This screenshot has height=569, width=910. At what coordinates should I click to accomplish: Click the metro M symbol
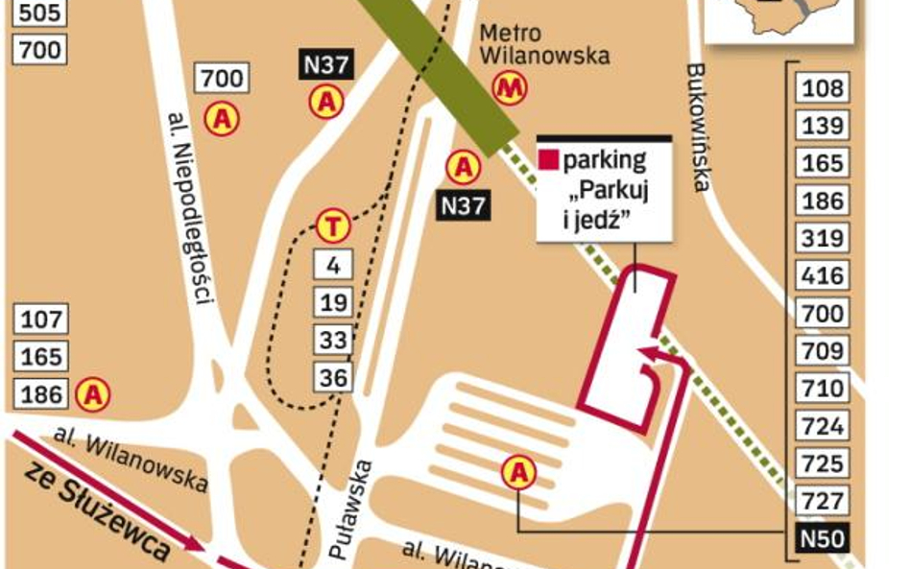pyautogui.click(x=510, y=88)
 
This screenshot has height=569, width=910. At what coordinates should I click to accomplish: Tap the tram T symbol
pyautogui.click(x=333, y=227)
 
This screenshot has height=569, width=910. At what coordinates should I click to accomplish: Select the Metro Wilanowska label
pyautogui.click(x=543, y=45)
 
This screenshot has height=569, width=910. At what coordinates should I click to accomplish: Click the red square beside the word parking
pyautogui.click(x=548, y=160)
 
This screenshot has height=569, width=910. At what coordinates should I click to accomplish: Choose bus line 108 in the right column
pyautogui.click(x=823, y=89)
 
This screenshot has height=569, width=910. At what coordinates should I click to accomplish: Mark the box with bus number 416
pyautogui.click(x=823, y=276)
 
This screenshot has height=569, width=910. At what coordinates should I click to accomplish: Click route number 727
pyautogui.click(x=823, y=500)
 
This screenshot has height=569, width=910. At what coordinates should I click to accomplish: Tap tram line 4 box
pyautogui.click(x=333, y=264)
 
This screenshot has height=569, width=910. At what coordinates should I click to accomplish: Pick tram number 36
pyautogui.click(x=333, y=377)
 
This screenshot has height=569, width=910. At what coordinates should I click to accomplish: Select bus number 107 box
pyautogui.click(x=40, y=319)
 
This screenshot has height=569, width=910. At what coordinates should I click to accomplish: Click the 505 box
pyautogui.click(x=39, y=12)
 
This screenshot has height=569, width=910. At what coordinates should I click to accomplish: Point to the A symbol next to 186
pyautogui.click(x=93, y=393)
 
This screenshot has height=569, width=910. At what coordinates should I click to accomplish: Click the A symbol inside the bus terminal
pyautogui.click(x=519, y=471)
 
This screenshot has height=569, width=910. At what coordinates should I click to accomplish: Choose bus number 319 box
pyautogui.click(x=823, y=239)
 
